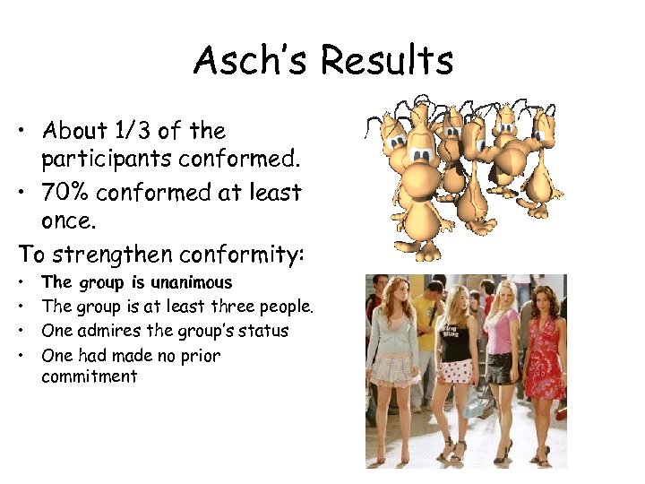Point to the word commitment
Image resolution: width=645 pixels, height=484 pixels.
90,377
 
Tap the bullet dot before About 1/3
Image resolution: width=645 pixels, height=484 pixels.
20,132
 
